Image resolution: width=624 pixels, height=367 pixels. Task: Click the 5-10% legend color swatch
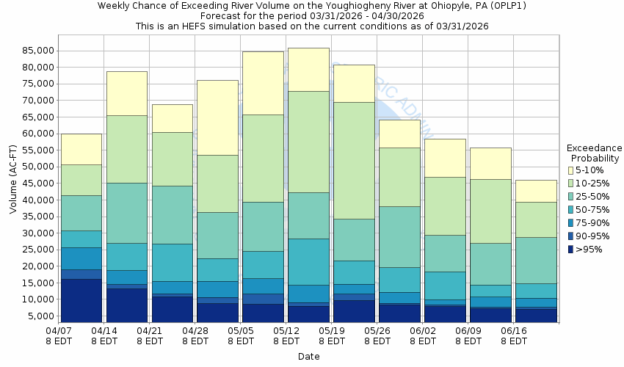tap(570, 170)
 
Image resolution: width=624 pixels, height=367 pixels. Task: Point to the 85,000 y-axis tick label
tap(37, 51)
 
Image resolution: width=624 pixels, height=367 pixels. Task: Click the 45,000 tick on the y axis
tap(37, 183)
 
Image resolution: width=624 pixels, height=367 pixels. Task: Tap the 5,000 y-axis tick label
tap(40, 316)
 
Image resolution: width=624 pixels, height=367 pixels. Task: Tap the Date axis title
tap(308, 357)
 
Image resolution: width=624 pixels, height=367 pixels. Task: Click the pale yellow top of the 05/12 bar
tap(308, 70)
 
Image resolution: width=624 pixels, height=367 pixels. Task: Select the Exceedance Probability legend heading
tap(595, 153)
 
